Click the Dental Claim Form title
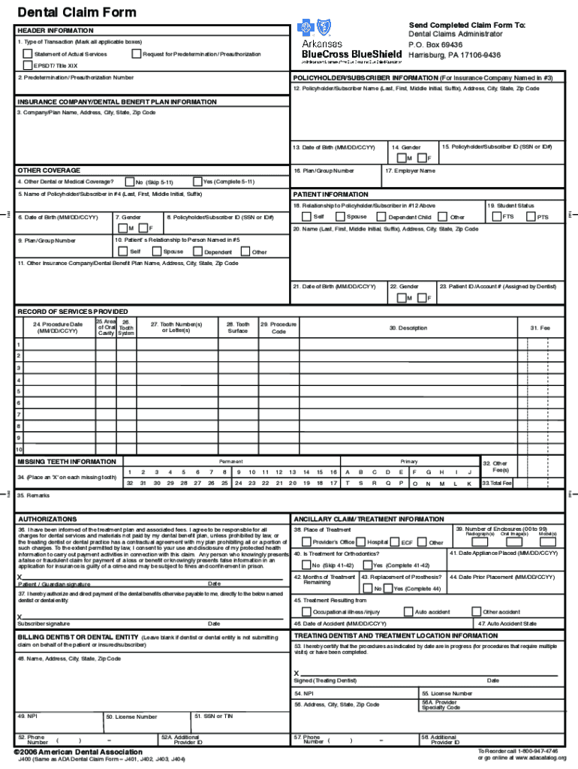point(66,12)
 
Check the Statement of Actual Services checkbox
point(28,54)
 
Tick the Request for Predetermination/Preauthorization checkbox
point(136,54)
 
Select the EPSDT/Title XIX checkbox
point(28,65)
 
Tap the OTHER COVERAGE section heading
point(49,170)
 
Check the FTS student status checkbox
point(496,217)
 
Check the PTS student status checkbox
point(531,217)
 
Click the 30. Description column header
point(408,328)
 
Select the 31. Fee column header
point(540,328)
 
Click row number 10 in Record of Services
point(19,449)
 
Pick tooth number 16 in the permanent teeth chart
point(333,472)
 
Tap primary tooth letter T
point(348,484)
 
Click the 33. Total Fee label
point(497,484)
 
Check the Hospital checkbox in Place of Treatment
point(361,541)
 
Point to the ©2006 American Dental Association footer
point(78,752)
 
